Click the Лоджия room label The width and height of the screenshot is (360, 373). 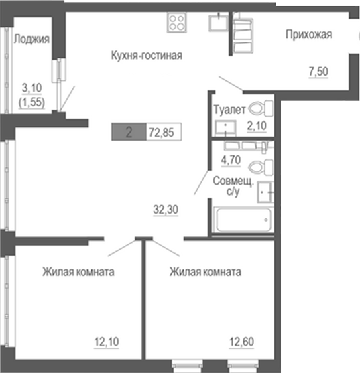click(x=32, y=39)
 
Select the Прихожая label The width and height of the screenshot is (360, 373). click(x=308, y=35)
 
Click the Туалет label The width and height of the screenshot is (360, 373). click(x=227, y=108)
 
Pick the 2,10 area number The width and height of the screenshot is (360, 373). click(x=257, y=125)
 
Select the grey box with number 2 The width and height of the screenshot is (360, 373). click(x=127, y=132)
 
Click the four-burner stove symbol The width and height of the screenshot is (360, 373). click(x=176, y=23)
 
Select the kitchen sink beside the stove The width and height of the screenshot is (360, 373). click(x=218, y=23)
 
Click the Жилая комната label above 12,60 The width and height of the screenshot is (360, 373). click(x=205, y=273)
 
